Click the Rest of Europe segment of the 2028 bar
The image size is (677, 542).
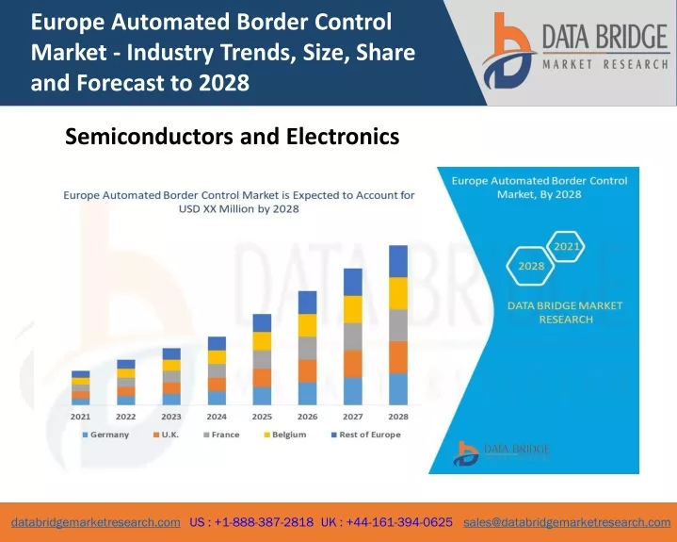398,261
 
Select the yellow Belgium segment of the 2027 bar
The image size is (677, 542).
353,309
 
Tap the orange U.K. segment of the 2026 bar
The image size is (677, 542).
307,370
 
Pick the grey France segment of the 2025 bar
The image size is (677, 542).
262,359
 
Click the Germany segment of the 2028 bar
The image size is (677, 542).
398,389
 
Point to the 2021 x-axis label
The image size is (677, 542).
80,417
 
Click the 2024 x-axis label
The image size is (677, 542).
217,417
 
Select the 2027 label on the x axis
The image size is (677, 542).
353,417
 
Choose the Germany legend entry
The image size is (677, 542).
105,435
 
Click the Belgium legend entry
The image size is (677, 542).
285,435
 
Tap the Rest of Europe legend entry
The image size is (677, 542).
366,435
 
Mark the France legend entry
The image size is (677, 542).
221,435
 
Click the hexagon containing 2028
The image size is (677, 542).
531,266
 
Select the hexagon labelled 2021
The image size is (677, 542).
566,246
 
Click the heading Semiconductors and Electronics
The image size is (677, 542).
233,136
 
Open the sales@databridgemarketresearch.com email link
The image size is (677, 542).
567,522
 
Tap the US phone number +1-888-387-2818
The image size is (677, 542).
264,522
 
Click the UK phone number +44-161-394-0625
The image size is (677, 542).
399,522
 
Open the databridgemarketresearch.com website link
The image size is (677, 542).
96,522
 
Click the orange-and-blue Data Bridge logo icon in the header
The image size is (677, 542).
508,52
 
